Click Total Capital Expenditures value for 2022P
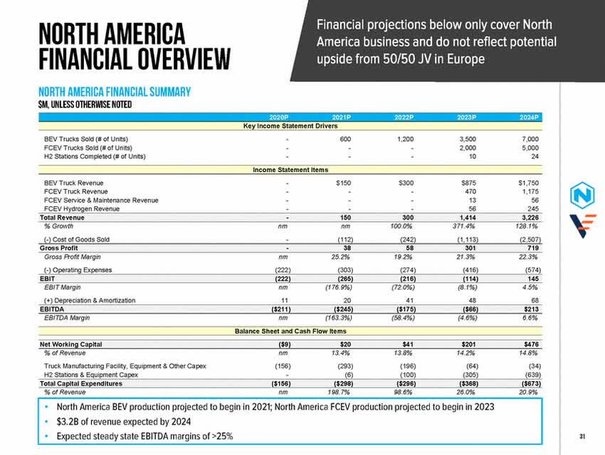[x=404, y=383]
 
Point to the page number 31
[x=582, y=436]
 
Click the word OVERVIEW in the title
[x=179, y=60]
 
